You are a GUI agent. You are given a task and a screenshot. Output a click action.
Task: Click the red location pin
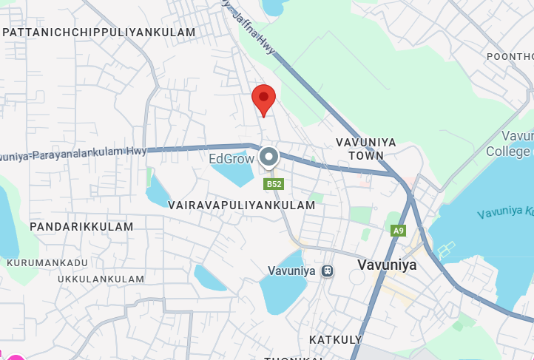pyautogui.click(x=263, y=98)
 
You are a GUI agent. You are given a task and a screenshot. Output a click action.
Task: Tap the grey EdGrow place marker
pyautogui.click(x=268, y=157)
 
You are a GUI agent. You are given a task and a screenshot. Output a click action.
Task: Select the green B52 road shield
pyautogui.click(x=274, y=183)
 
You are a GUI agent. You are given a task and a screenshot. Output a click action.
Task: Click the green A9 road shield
pyautogui.click(x=399, y=231)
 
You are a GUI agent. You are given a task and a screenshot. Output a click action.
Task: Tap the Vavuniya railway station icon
pyautogui.click(x=328, y=271)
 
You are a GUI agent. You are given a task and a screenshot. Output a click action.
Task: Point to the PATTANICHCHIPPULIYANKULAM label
pyautogui.click(x=99, y=33)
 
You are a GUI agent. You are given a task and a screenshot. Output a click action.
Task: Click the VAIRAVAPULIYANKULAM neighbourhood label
pyautogui.click(x=242, y=205)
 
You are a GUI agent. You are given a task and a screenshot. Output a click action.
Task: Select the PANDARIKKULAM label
pyautogui.click(x=82, y=227)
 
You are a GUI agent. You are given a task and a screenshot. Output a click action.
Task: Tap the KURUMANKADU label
pyautogui.click(x=47, y=262)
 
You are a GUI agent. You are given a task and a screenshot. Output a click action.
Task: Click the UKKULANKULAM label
pyautogui.click(x=101, y=279)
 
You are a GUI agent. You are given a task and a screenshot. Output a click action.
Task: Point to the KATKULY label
pyautogui.click(x=335, y=339)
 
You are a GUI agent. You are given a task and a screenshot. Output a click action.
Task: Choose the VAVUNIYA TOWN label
pyautogui.click(x=366, y=149)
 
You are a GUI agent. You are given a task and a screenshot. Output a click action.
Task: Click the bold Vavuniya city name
pyautogui.click(x=387, y=265)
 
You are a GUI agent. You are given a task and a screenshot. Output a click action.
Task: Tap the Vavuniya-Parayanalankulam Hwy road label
pyautogui.click(x=74, y=154)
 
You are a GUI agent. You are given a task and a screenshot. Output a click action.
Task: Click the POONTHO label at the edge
pyautogui.click(x=510, y=57)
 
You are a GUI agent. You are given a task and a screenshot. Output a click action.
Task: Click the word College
pyautogui.click(x=508, y=152)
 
